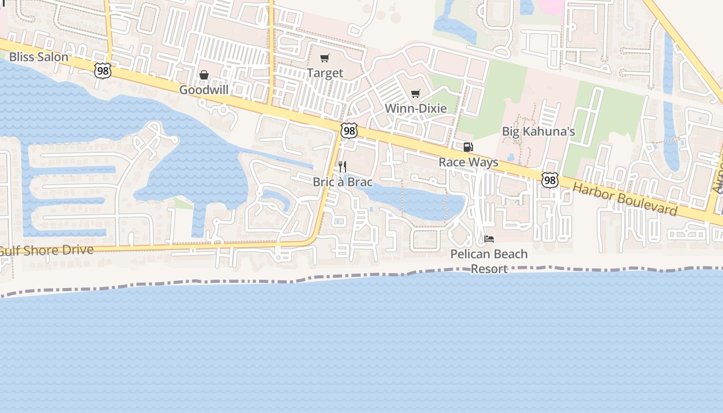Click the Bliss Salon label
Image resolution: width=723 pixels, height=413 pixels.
click(x=39, y=57)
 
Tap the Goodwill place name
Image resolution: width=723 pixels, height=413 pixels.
click(x=203, y=90)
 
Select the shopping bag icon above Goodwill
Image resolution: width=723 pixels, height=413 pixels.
click(x=204, y=75)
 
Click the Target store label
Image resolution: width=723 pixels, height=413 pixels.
click(x=325, y=73)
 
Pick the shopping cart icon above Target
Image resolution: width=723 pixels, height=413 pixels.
click(x=324, y=58)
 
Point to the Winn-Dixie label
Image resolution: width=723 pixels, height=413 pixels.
click(x=416, y=108)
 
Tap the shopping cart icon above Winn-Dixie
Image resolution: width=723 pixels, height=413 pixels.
click(x=416, y=94)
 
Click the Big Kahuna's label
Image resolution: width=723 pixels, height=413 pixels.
click(x=539, y=131)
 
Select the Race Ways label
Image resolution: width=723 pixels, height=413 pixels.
click(x=468, y=162)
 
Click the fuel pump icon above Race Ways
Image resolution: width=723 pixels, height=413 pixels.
click(x=468, y=148)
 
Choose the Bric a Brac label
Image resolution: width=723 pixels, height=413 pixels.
click(x=342, y=182)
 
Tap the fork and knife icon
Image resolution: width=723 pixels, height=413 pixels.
click(x=342, y=167)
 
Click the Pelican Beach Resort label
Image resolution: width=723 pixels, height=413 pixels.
click(x=489, y=261)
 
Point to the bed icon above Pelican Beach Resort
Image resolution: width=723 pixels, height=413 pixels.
click(x=489, y=239)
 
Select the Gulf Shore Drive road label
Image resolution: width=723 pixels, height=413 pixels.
click(x=46, y=251)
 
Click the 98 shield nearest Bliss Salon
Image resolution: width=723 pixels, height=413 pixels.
click(x=103, y=71)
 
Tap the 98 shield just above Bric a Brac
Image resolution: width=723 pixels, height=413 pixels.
click(x=350, y=131)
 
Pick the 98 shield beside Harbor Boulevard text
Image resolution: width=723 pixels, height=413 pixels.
click(x=550, y=180)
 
